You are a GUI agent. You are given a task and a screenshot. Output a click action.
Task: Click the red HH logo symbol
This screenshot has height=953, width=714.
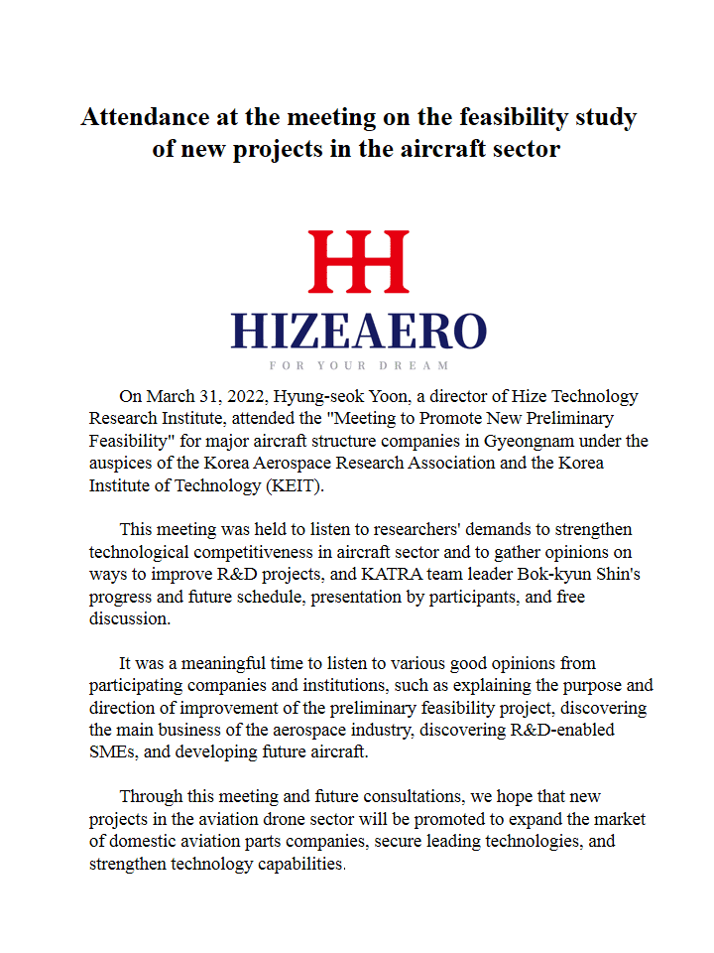pyautogui.click(x=358, y=261)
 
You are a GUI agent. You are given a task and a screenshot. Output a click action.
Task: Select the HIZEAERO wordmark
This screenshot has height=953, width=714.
pyautogui.click(x=358, y=331)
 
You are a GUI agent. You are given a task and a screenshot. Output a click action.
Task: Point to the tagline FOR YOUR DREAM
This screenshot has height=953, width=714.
pyautogui.click(x=358, y=365)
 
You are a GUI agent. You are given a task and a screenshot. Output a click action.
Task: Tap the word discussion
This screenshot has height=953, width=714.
pyautogui.click(x=129, y=617)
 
